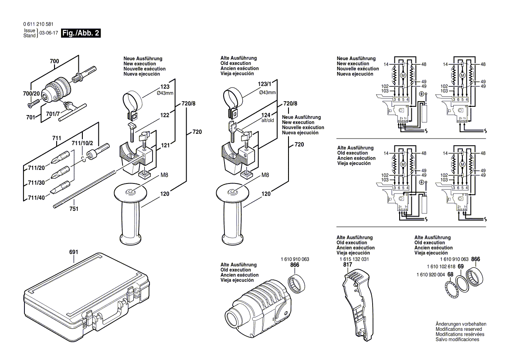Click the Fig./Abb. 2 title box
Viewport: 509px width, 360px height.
[x=81, y=34]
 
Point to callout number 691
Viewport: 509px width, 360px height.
[x=73, y=252]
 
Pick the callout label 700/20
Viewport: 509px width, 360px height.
[x=31, y=94]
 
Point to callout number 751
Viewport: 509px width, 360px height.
[x=74, y=209]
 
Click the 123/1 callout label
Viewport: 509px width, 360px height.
[x=264, y=83]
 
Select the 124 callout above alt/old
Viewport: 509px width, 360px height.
[x=265, y=115]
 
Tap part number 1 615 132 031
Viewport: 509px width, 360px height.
[x=353, y=259]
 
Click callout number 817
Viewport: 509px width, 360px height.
[x=347, y=265]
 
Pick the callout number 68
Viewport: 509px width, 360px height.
[x=450, y=275]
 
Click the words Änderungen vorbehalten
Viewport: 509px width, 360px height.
[x=461, y=324]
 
